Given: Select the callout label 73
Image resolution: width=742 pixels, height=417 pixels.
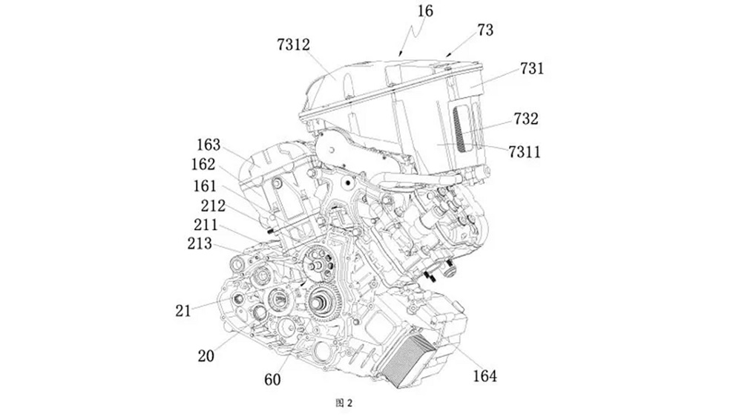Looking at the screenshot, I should pyautogui.click(x=486, y=30).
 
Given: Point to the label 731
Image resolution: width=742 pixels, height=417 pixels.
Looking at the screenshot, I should pyautogui.click(x=532, y=69).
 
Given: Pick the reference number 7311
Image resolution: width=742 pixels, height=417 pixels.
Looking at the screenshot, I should pyautogui.click(x=524, y=152).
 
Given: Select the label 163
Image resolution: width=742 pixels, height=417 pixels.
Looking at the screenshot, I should pyautogui.click(x=209, y=145).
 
